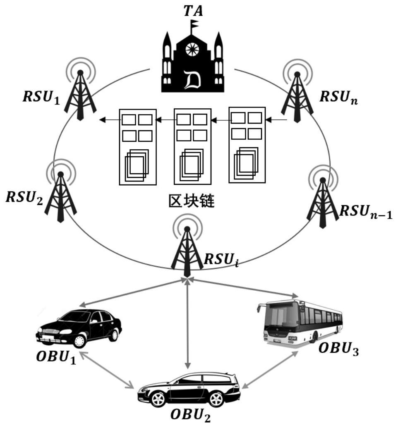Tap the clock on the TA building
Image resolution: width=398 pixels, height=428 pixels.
(x=192, y=49)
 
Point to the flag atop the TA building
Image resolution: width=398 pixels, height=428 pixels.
(x=194, y=24)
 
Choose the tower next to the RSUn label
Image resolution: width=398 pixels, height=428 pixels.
(x=297, y=97)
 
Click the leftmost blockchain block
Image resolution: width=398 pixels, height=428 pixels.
(x=137, y=146)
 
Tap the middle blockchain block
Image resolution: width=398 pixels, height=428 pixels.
(x=192, y=146)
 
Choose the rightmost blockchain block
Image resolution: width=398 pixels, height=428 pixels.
(x=247, y=144)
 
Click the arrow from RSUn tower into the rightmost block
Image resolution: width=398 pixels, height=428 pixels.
(x=277, y=120)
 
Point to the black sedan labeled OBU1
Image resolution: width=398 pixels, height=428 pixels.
(x=79, y=329)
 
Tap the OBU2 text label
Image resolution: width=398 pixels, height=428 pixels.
(x=189, y=415)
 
